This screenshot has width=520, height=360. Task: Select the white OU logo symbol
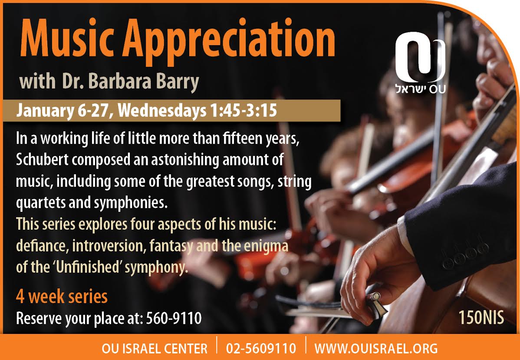420,57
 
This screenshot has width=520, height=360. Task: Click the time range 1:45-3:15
243,111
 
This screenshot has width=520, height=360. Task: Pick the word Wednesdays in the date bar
162,111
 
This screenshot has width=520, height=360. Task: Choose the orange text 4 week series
62,297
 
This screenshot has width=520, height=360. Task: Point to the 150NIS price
481,317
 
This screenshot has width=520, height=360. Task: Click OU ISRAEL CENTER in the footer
155,348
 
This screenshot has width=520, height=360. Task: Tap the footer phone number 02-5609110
261,348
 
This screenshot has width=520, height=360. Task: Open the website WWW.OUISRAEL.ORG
376,348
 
